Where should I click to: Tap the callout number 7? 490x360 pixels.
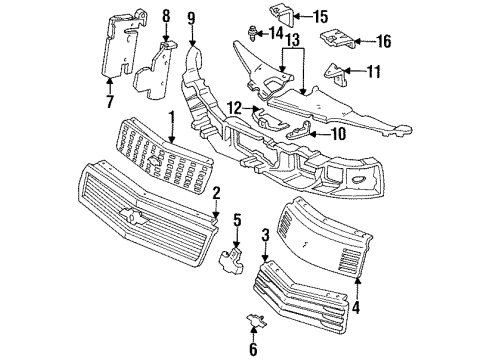click(x=110, y=101)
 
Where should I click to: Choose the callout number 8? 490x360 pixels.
click(x=166, y=15)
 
